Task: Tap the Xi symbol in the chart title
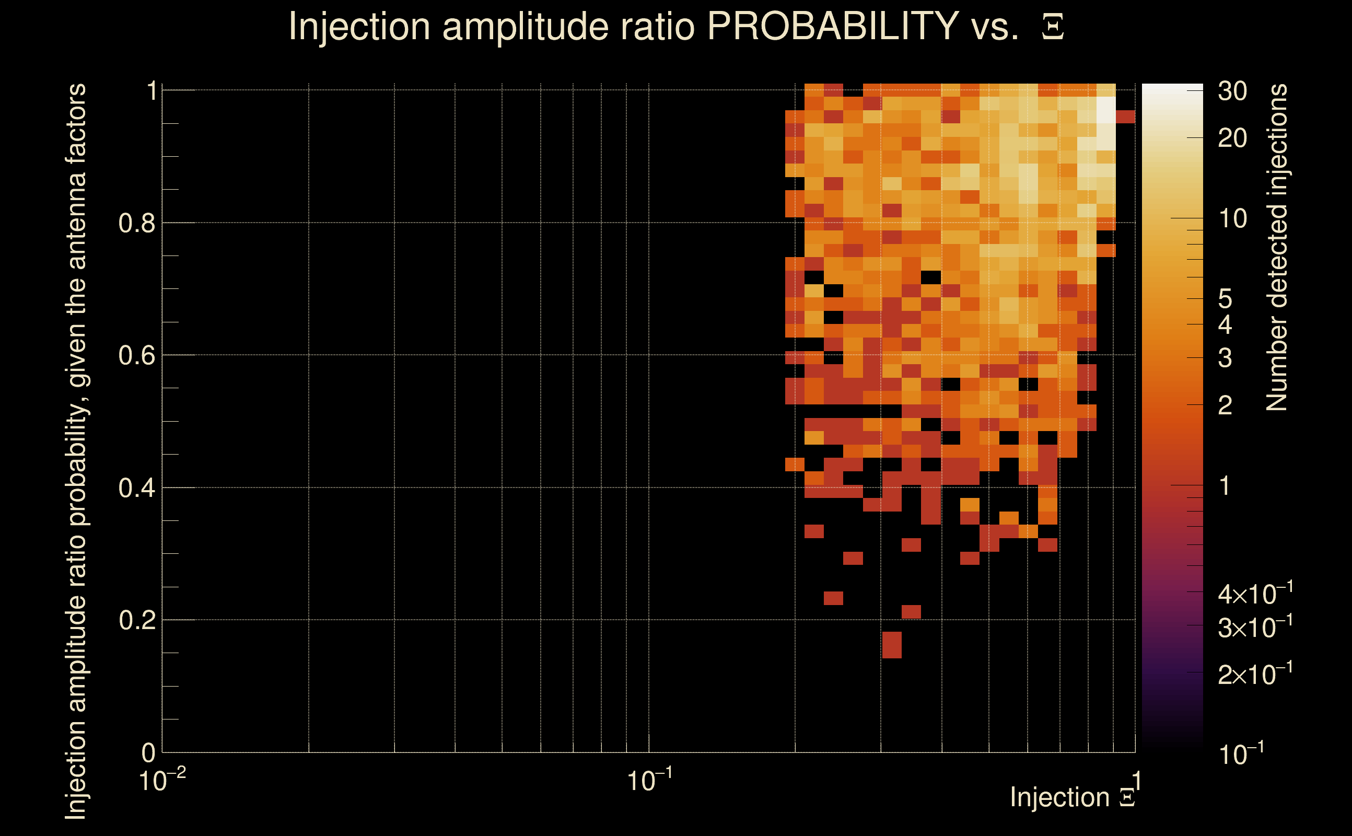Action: [x=1053, y=27]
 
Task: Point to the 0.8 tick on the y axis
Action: [x=136, y=224]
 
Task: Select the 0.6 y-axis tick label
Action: [x=136, y=355]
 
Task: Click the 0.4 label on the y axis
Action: [x=136, y=488]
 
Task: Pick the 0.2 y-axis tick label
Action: [x=136, y=620]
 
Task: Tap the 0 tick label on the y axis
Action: [x=149, y=752]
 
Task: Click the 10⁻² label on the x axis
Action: [x=162, y=781]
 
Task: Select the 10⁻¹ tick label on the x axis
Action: [x=649, y=781]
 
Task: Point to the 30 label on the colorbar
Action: [x=1232, y=91]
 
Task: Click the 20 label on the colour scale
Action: [x=1232, y=138]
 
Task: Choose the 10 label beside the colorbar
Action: [x=1232, y=219]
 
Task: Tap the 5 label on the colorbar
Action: [x=1225, y=299]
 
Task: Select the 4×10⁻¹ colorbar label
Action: [x=1255, y=595]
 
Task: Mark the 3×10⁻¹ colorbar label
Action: [x=1255, y=628]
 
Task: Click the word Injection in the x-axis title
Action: [x=1059, y=797]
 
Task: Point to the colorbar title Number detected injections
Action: [x=1276, y=247]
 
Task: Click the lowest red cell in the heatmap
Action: [x=892, y=645]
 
